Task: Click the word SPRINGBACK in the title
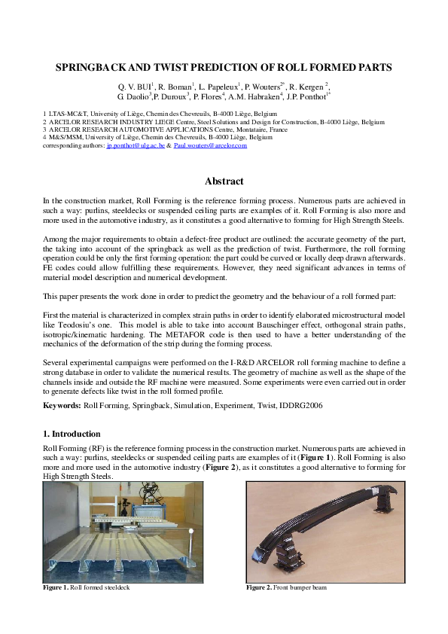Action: pos(97,67)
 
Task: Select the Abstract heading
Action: pos(224,181)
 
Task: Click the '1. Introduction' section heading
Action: pos(72,434)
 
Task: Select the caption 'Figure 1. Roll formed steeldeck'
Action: pos(87,587)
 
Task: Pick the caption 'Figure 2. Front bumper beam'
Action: pos(288,587)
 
